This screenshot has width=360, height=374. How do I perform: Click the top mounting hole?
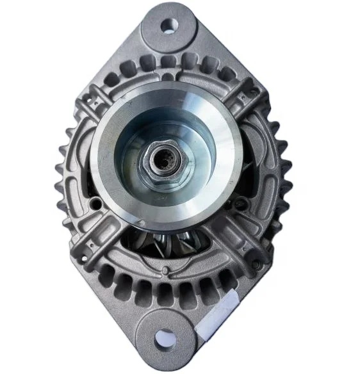click(169, 26)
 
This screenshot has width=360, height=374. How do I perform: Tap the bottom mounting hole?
click(165, 337)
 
